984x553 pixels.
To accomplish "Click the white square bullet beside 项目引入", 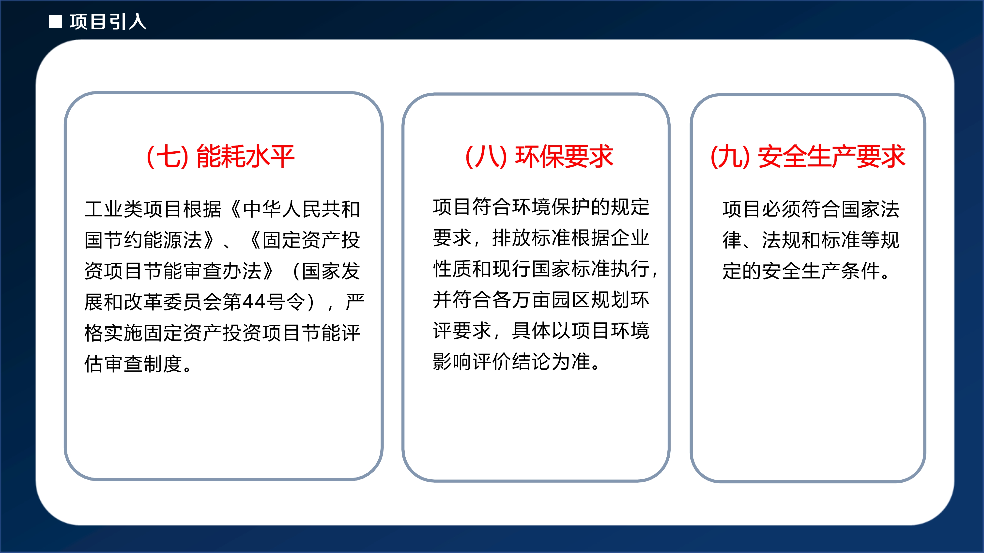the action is [55, 22].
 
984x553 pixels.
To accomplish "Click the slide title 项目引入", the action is [108, 22].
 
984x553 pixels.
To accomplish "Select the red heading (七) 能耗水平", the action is [221, 157].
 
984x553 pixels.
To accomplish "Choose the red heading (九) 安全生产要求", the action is [808, 157].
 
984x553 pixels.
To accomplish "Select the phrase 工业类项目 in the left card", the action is [133, 209].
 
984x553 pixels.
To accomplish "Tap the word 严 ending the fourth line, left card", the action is [355, 302].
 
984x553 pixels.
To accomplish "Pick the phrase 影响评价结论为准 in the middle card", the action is [511, 361].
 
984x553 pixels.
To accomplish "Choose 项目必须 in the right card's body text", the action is [762, 209].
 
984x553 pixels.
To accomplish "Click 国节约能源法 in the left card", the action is [143, 240].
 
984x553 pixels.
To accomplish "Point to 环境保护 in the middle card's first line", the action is [551, 207].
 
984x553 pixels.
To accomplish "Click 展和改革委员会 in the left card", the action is [153, 302].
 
